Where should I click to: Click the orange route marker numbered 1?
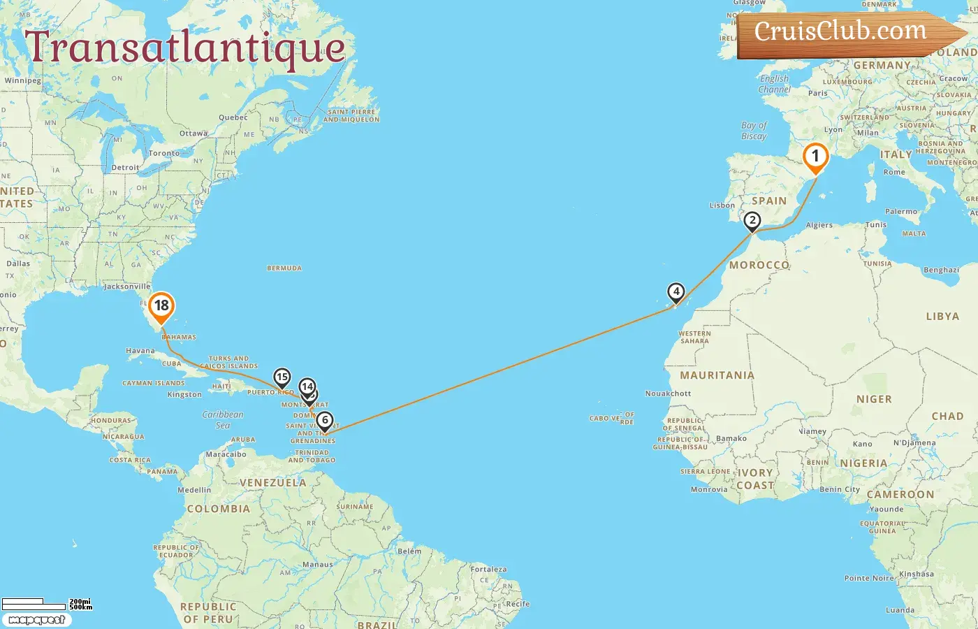(x=815, y=157)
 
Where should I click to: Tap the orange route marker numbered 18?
(x=161, y=306)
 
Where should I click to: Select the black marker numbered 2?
(x=752, y=221)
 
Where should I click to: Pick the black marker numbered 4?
(x=676, y=292)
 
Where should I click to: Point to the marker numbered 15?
(x=282, y=378)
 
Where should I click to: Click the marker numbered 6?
(x=325, y=421)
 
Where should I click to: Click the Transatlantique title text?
(x=185, y=48)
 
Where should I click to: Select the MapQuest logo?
(x=36, y=620)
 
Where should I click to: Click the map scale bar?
(x=46, y=603)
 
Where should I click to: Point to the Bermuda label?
(x=284, y=268)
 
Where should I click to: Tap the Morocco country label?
(x=759, y=266)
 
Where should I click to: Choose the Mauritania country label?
(x=717, y=375)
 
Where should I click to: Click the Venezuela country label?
(x=272, y=483)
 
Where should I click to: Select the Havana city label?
(x=140, y=351)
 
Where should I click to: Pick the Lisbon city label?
(x=722, y=205)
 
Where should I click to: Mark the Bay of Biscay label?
(x=754, y=131)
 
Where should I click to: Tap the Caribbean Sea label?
(x=223, y=419)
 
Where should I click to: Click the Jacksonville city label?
(x=127, y=287)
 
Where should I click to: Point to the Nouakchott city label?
(x=668, y=393)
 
